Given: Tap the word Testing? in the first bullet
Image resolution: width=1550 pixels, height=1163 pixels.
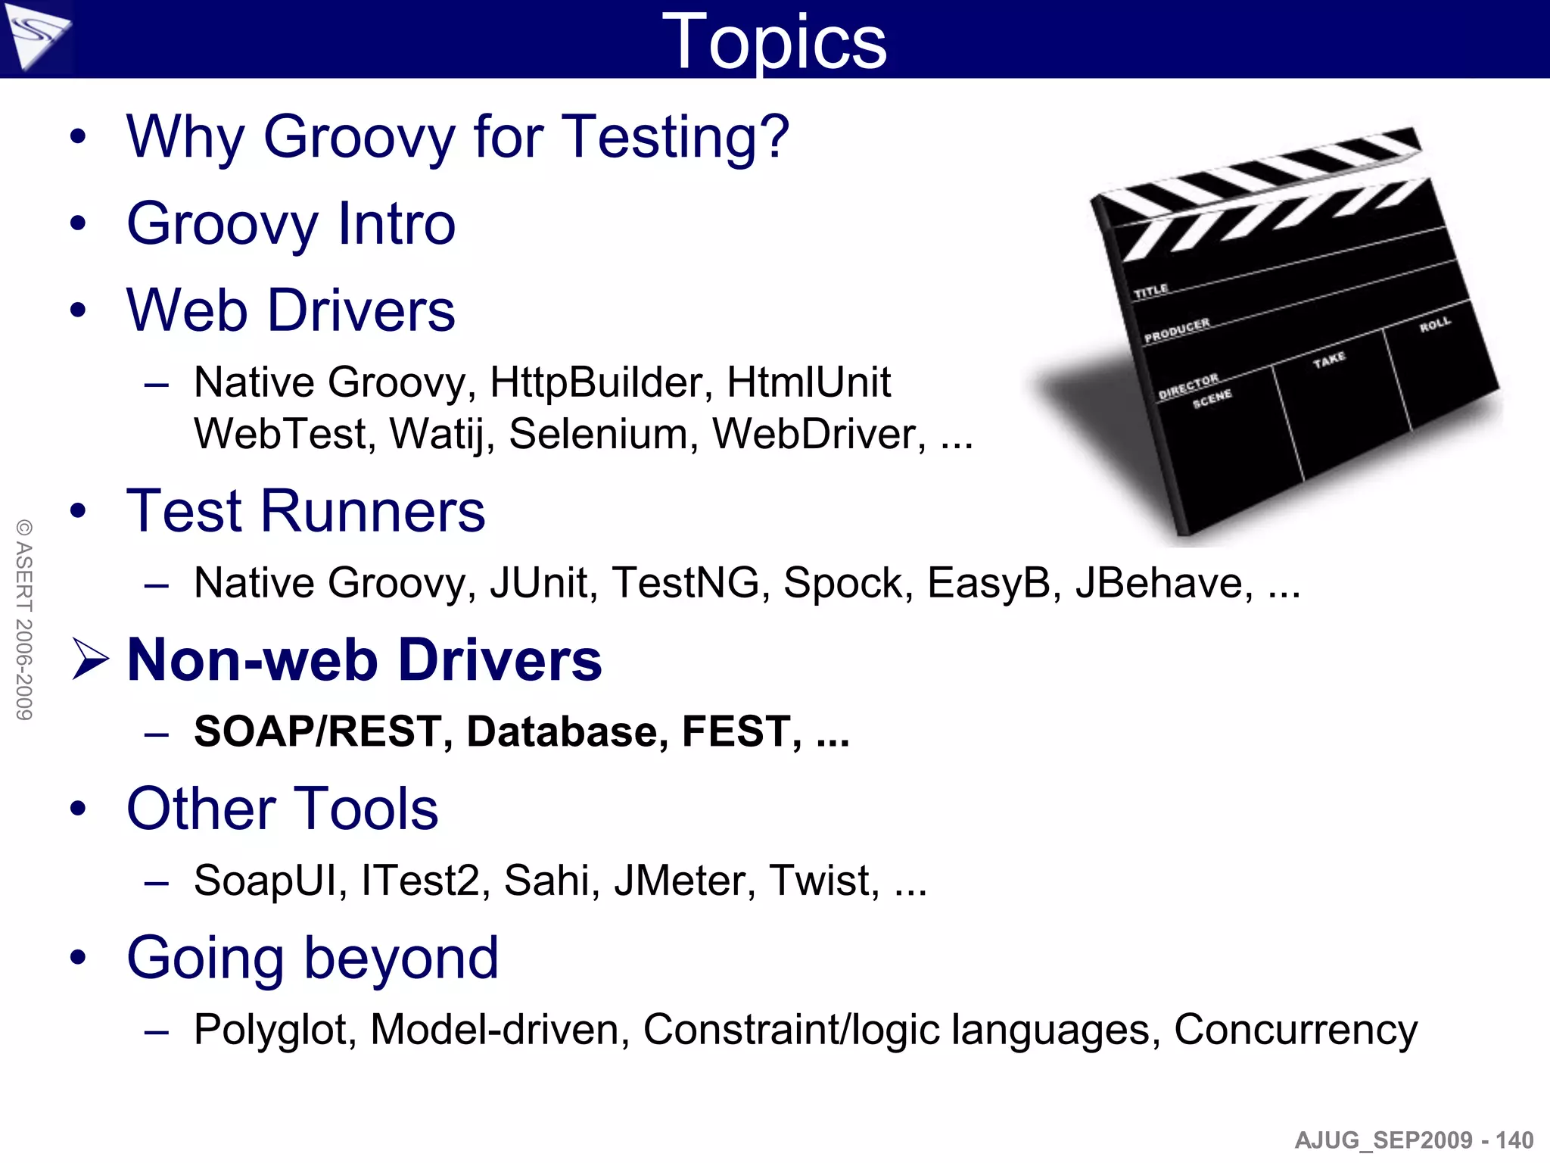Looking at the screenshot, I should tap(675, 137).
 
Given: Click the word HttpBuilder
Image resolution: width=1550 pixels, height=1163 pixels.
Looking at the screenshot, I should tap(602, 382).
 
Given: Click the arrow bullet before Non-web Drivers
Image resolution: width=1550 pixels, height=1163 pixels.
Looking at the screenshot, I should tap(90, 659).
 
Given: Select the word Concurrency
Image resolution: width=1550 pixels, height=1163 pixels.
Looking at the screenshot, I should tap(1295, 1030).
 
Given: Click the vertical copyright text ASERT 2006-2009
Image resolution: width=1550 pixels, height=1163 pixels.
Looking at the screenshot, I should tap(24, 619).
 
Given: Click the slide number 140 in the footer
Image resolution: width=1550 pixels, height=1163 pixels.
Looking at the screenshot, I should tap(1514, 1140).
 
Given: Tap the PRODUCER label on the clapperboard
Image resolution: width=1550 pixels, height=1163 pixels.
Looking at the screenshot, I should tap(1177, 330).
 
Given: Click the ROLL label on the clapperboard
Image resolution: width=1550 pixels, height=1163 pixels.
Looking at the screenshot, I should tap(1435, 325).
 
